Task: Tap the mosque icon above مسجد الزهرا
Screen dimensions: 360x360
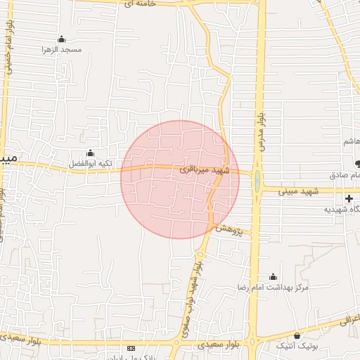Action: [61, 39]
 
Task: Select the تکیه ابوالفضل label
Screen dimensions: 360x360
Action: [90, 163]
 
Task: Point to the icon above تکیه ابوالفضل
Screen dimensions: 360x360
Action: [90, 153]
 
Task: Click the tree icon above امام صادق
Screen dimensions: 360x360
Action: [357, 164]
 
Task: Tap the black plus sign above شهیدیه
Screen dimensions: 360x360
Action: [349, 199]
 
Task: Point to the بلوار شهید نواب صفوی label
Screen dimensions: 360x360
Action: [196, 295]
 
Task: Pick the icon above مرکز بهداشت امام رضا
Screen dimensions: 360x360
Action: [273, 277]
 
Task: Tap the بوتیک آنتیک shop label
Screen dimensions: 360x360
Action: [298, 346]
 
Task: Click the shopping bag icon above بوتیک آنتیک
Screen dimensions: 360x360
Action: [297, 335]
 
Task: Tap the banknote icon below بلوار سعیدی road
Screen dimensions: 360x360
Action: [131, 348]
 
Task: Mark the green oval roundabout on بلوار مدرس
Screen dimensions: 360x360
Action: [257, 181]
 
